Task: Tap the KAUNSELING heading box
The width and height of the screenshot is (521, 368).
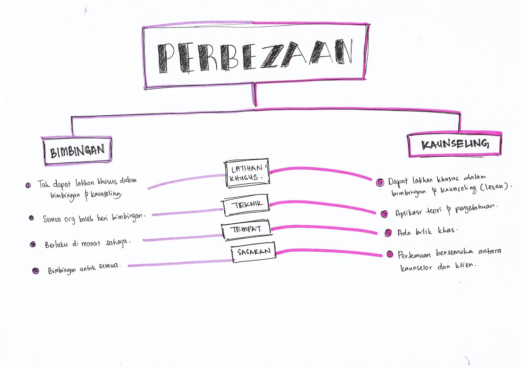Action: point(455,144)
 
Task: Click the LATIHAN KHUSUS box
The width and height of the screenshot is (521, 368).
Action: point(247,173)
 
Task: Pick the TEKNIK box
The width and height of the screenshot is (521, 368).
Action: point(246,205)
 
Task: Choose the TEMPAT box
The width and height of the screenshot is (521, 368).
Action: point(246,230)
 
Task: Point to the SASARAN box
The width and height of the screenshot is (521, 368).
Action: point(254,252)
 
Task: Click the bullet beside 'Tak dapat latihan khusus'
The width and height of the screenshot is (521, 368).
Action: point(28,185)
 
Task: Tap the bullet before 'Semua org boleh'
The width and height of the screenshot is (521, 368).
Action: point(32,218)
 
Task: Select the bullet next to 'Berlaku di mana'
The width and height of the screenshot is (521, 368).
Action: point(33,244)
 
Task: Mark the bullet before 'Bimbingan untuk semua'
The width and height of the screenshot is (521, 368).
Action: point(36,270)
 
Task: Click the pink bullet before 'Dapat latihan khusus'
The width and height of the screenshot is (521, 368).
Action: point(380,183)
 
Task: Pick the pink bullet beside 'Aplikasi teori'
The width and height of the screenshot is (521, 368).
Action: point(385,214)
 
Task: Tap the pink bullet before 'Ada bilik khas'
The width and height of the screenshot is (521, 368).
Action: point(388,233)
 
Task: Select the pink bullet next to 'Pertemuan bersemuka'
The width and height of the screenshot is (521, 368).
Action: point(390,254)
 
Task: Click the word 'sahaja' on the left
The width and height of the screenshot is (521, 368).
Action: point(118,243)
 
